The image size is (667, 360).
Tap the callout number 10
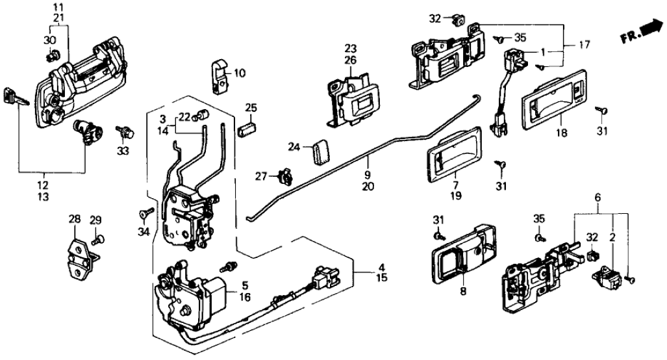coord(240,73)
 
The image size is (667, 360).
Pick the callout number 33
coord(123,151)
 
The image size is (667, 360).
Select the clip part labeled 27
coord(283,175)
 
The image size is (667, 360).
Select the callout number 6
coord(598,196)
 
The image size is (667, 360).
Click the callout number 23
coord(351,48)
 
